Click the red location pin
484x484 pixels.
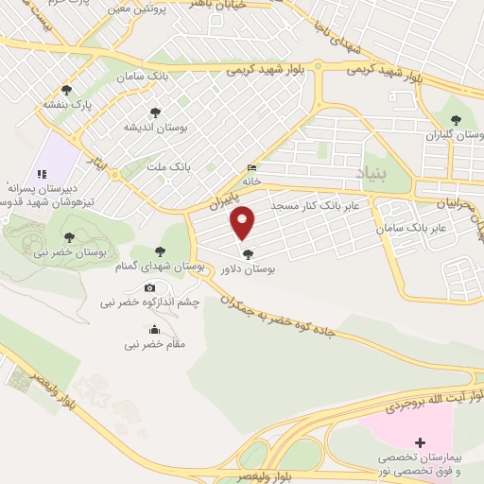coord(244,222)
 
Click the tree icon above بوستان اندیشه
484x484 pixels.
coord(156,112)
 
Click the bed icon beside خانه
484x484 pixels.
coord(251,167)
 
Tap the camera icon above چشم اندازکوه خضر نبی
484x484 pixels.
coord(149,288)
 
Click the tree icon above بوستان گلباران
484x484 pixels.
coord(457,120)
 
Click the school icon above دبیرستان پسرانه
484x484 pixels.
coord(41,174)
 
